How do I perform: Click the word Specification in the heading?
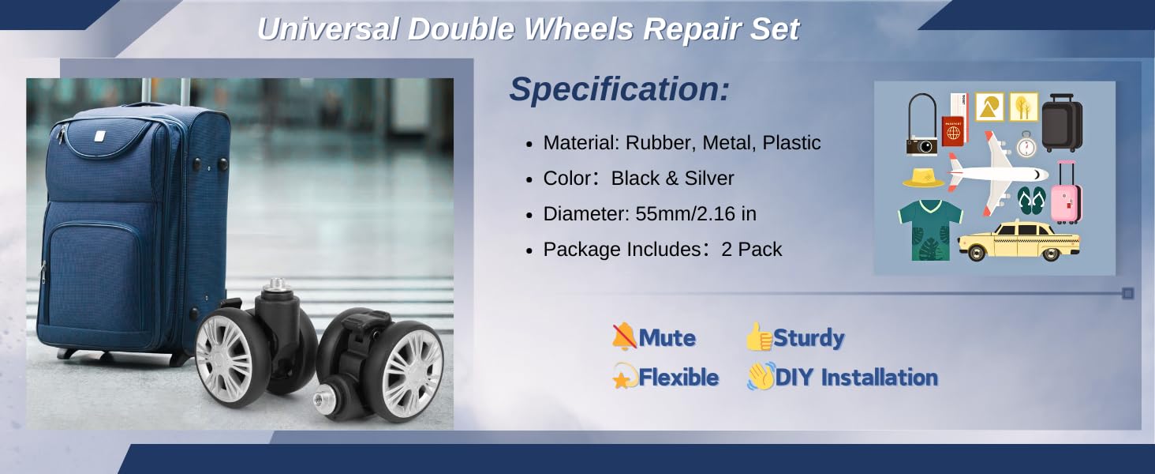coord(615,89)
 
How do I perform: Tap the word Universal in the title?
coord(328,29)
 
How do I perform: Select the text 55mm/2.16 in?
coord(696,214)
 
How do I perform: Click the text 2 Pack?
coord(751,250)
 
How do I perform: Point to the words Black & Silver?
coord(672,178)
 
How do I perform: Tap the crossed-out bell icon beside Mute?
coord(624,337)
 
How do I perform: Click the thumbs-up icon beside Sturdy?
coord(759,337)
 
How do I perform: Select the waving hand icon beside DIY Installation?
coord(761,376)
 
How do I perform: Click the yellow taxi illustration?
coord(1019,241)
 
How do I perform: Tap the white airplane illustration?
coord(998,174)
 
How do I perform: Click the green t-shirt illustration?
coord(930,230)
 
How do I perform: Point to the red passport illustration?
coord(953,131)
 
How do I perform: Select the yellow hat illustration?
coord(923,178)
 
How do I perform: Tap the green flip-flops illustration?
coord(1031,201)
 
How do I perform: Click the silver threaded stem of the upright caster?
coord(277,284)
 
